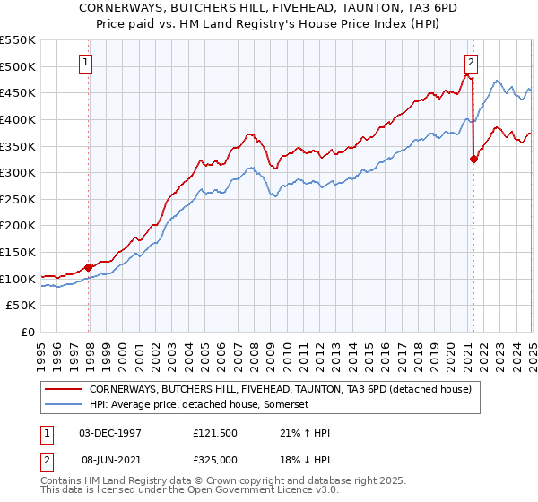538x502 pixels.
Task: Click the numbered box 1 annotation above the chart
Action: [x=84, y=63]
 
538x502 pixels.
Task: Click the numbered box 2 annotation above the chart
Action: [x=471, y=63]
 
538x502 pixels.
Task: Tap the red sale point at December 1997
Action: [x=89, y=267]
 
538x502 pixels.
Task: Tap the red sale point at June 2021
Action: [x=473, y=160]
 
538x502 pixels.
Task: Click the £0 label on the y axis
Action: [x=29, y=333]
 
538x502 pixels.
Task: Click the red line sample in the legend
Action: [x=64, y=390]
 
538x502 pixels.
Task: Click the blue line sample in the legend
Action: [x=64, y=405]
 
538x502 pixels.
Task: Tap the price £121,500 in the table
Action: [x=215, y=432]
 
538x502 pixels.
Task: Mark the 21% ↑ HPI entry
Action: [x=298, y=432]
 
